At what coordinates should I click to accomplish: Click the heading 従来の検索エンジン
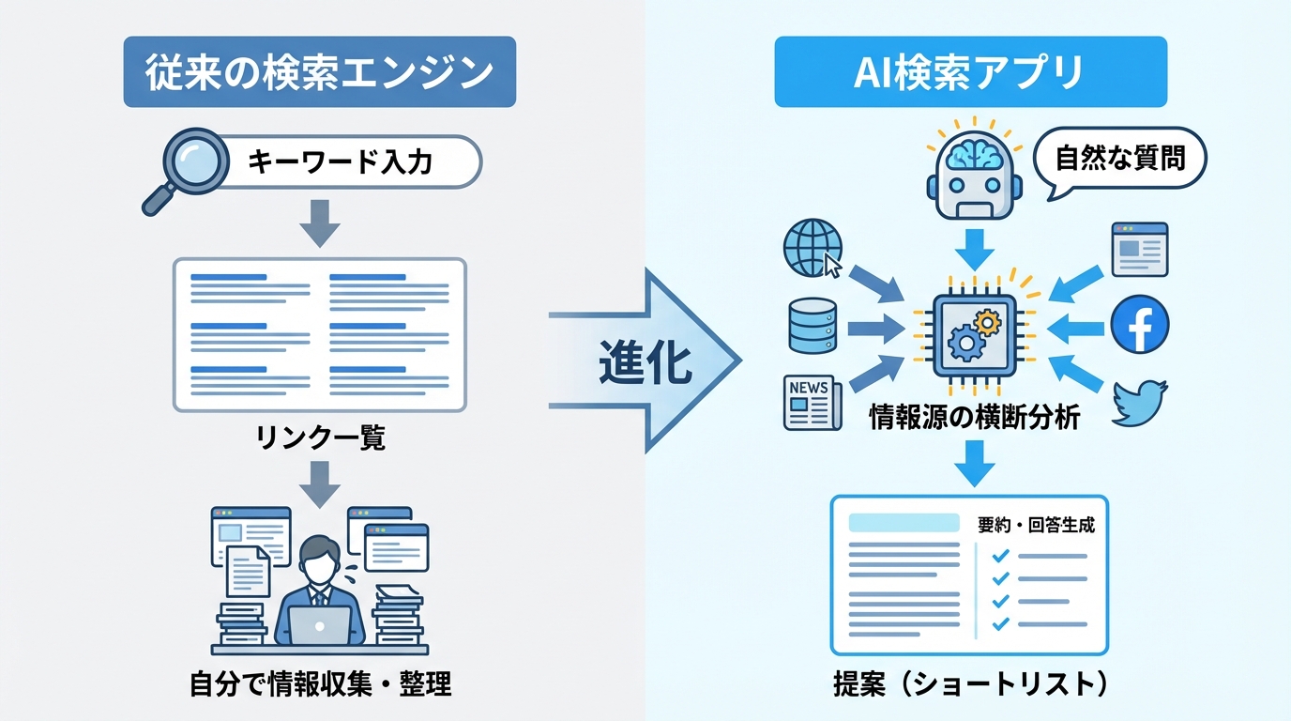pyautogui.click(x=319, y=72)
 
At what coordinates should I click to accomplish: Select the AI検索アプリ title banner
pyautogui.click(x=970, y=72)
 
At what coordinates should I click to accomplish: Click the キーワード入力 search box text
pyautogui.click(x=340, y=162)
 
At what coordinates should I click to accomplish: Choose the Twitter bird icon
pyautogui.click(x=1139, y=403)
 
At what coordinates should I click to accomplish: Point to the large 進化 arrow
pyautogui.click(x=647, y=360)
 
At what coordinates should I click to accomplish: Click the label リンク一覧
pyautogui.click(x=320, y=438)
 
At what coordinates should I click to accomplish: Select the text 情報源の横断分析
pyautogui.click(x=975, y=418)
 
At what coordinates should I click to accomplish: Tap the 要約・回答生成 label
pyautogui.click(x=1036, y=525)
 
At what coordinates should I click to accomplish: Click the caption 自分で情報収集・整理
pyautogui.click(x=320, y=684)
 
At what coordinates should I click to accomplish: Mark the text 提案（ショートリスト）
pyautogui.click(x=970, y=684)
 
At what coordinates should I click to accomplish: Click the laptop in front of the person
pyautogui.click(x=319, y=624)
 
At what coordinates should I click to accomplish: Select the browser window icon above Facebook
pyautogui.click(x=1139, y=249)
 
